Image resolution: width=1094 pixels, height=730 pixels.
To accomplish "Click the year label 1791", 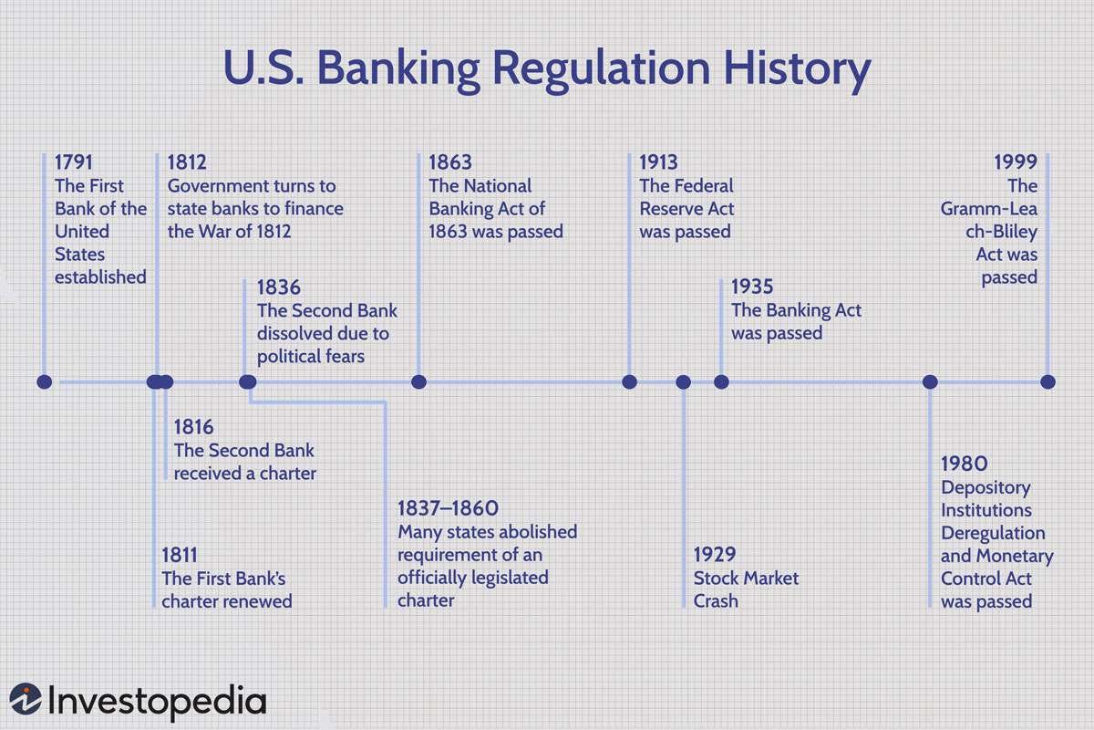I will pyautogui.click(x=74, y=162).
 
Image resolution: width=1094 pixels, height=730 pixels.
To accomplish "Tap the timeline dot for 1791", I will pyautogui.click(x=44, y=381).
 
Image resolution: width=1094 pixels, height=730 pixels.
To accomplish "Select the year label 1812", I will pyautogui.click(x=187, y=162).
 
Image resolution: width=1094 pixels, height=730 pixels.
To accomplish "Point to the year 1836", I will pyautogui.click(x=278, y=287).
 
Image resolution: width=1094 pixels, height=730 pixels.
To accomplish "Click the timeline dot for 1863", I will pyautogui.click(x=418, y=381).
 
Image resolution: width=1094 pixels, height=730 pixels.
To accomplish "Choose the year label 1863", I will pyautogui.click(x=450, y=162).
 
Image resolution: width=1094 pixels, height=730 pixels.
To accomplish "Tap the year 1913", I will pyautogui.click(x=658, y=162).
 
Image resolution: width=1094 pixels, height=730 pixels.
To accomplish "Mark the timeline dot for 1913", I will pyautogui.click(x=629, y=381).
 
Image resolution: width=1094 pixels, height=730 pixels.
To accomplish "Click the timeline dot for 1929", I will pyautogui.click(x=683, y=381).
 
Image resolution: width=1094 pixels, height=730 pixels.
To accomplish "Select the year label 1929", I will pyautogui.click(x=715, y=555).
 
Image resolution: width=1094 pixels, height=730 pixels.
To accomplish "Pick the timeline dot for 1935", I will pyautogui.click(x=721, y=381).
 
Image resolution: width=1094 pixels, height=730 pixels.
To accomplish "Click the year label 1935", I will pyautogui.click(x=752, y=287).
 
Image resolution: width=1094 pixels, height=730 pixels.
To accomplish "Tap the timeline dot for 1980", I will pyautogui.click(x=930, y=381).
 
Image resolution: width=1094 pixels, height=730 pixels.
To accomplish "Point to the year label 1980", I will pyautogui.click(x=964, y=464).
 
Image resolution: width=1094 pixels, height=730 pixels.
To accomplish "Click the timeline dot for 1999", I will pyautogui.click(x=1048, y=381).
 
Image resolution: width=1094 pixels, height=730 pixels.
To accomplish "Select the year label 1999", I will pyautogui.click(x=1016, y=162).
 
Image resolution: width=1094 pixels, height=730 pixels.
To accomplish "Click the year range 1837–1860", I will pyautogui.click(x=448, y=508).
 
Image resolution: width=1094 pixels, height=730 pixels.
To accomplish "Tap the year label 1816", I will pyautogui.click(x=193, y=427).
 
